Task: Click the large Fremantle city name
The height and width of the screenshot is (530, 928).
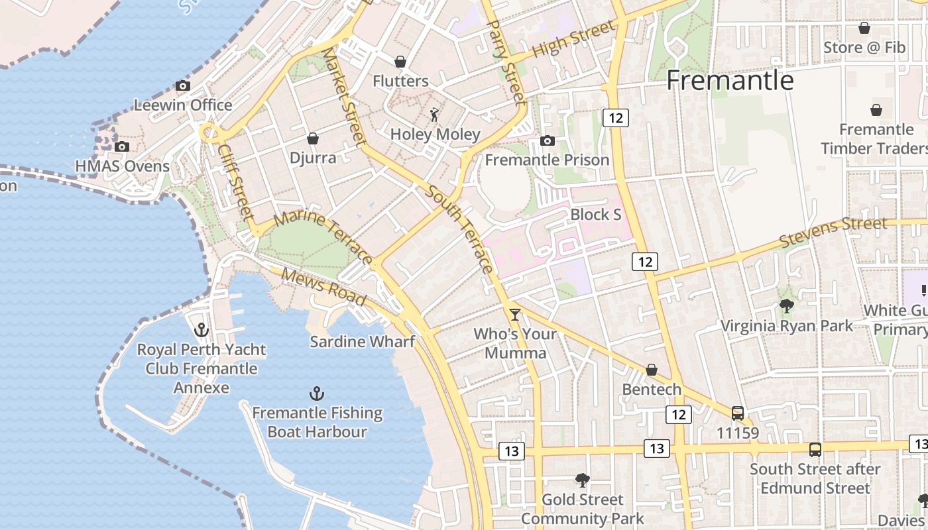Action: click(x=730, y=80)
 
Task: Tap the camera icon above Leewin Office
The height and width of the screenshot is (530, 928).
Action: click(x=182, y=85)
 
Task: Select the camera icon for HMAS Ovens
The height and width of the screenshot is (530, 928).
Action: click(x=121, y=146)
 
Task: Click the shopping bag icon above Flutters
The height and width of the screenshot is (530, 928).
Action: click(x=400, y=62)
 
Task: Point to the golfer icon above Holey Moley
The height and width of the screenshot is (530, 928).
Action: click(x=434, y=115)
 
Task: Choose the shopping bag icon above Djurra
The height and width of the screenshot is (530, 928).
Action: click(x=313, y=138)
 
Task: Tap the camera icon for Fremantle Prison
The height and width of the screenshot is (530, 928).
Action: click(x=548, y=140)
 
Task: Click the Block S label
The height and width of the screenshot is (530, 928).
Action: click(x=596, y=215)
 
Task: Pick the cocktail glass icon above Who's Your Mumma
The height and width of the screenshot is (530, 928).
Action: click(x=515, y=314)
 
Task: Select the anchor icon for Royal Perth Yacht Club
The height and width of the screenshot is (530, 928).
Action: click(x=202, y=329)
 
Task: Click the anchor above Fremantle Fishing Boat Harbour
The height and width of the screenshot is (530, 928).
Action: click(x=317, y=394)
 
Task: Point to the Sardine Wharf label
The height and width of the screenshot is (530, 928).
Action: click(x=362, y=342)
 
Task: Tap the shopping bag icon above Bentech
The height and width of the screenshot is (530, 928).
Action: click(x=652, y=370)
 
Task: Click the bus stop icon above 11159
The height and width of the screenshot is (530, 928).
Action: click(x=738, y=413)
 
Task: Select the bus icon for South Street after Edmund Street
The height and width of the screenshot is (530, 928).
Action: click(x=815, y=449)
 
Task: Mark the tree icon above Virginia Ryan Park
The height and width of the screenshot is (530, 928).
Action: click(x=787, y=306)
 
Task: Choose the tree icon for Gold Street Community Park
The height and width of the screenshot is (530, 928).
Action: click(x=583, y=480)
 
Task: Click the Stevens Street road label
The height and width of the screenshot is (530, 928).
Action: click(x=833, y=232)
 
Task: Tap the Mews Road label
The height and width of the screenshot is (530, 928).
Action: click(x=323, y=286)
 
